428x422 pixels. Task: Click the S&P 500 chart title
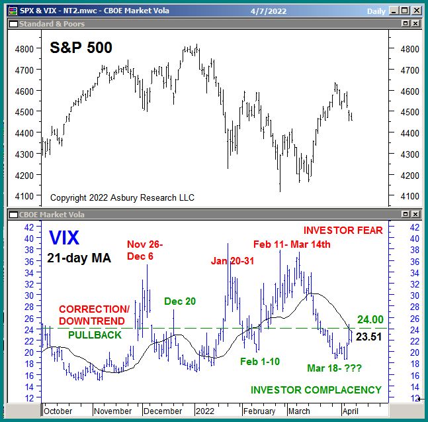(x=81, y=48)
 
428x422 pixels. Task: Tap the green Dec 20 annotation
(x=180, y=301)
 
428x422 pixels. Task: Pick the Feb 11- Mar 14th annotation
(x=292, y=244)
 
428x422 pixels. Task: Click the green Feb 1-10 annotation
(x=260, y=362)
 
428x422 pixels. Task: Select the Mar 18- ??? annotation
(x=334, y=368)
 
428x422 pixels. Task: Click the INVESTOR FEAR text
(x=343, y=231)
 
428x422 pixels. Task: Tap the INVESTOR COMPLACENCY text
(x=316, y=390)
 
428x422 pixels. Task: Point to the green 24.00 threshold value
(x=370, y=319)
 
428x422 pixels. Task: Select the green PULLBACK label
(x=95, y=335)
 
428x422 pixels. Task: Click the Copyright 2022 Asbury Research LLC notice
(x=112, y=198)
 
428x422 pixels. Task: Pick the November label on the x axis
(x=112, y=411)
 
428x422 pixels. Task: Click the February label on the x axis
(x=260, y=411)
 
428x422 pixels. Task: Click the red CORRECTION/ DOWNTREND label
(x=94, y=315)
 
